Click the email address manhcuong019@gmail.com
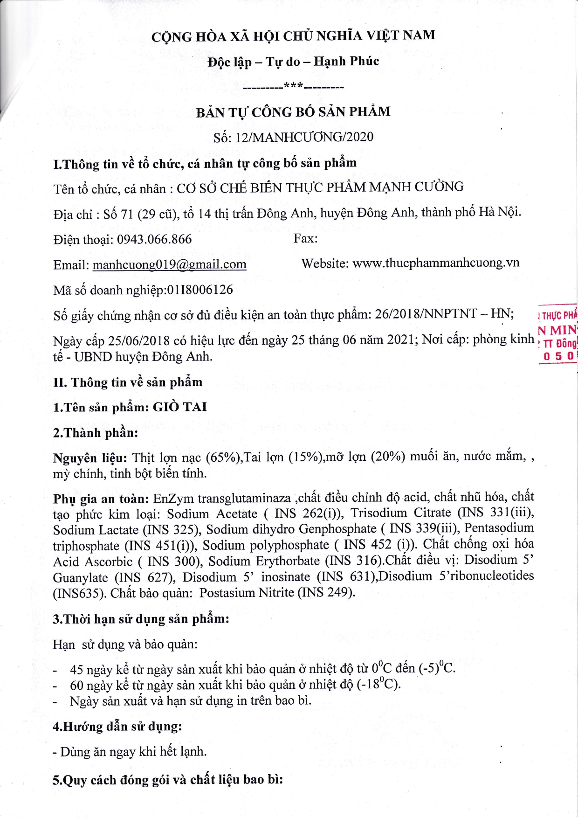tap(169, 264)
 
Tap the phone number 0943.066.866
tap(154, 239)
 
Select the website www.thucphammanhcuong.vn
tap(436, 263)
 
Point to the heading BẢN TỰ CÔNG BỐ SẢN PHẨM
tap(293, 112)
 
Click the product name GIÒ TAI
tap(180, 407)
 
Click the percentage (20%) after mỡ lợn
tap(388, 456)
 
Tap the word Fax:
tap(305, 238)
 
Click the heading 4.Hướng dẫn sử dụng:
tap(117, 727)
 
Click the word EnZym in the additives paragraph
tap(173, 498)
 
